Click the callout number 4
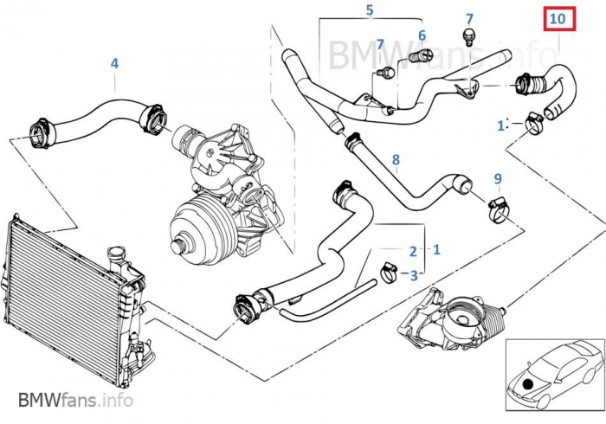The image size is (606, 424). click(114, 63)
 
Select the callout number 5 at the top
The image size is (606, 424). click(369, 11)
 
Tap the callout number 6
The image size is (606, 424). click(422, 35)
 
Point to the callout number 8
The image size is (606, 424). click(396, 159)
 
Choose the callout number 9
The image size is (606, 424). click(498, 179)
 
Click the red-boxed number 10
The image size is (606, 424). click(558, 18)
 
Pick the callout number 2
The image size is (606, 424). click(413, 251)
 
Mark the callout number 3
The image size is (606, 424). click(413, 276)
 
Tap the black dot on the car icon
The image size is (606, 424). click(528, 382)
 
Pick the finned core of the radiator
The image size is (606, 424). click(52, 303)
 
